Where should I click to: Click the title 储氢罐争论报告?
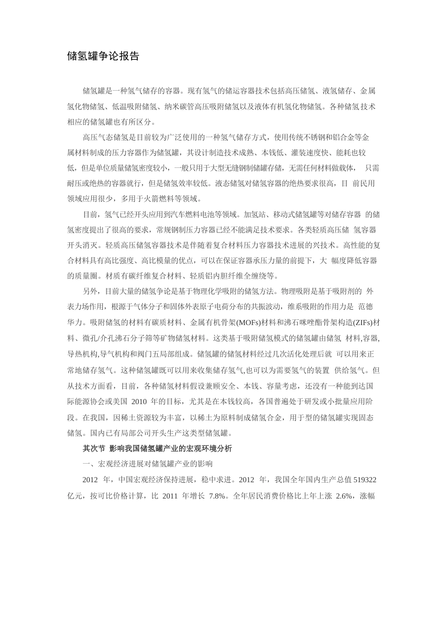pyautogui.click(x=103, y=57)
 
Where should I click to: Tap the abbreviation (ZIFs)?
pyautogui.click(x=363, y=323)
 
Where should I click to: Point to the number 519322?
pyautogui.click(x=365, y=479)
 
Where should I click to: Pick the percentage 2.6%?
pyautogui.click(x=345, y=496)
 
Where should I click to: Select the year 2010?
pyautogui.click(x=140, y=401)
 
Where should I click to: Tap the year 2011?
pyautogui.click(x=170, y=496)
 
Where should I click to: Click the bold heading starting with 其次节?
pyautogui.click(x=157, y=448)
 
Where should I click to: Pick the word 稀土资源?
pyautogui.click(x=139, y=418)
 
